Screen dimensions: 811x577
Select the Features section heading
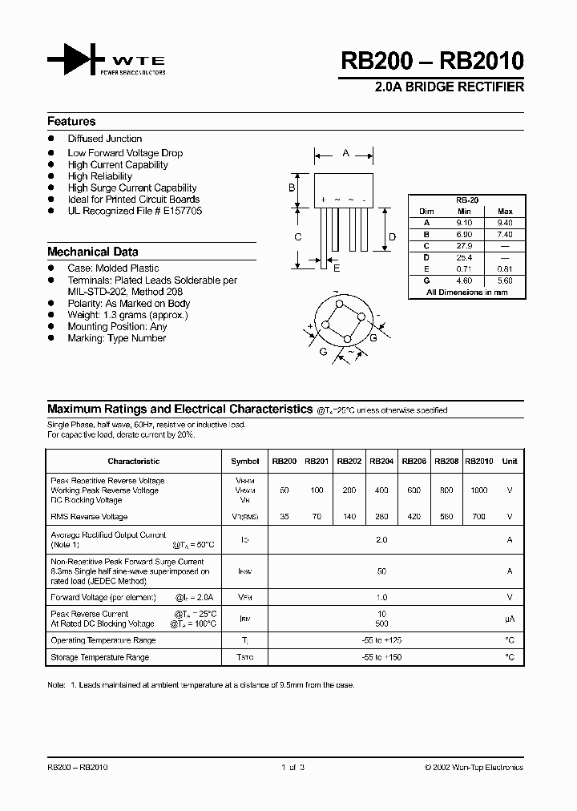(71, 122)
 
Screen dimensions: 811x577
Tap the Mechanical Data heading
(92, 252)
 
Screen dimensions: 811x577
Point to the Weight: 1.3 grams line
(127, 315)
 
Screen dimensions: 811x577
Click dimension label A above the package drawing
(345, 152)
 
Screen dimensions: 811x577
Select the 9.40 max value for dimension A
(505, 223)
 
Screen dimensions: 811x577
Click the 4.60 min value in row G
(465, 281)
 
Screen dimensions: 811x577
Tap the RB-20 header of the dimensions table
(467, 200)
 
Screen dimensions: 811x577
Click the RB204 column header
(381, 462)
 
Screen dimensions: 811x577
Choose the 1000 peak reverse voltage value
(478, 490)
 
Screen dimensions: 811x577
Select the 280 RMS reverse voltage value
(381, 517)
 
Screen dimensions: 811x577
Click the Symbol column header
(244, 462)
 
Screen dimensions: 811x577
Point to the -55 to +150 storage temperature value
(381, 657)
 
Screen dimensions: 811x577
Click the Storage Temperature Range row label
(99, 657)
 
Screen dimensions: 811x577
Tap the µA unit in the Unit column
(509, 619)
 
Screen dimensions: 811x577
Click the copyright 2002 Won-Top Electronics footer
(474, 767)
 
